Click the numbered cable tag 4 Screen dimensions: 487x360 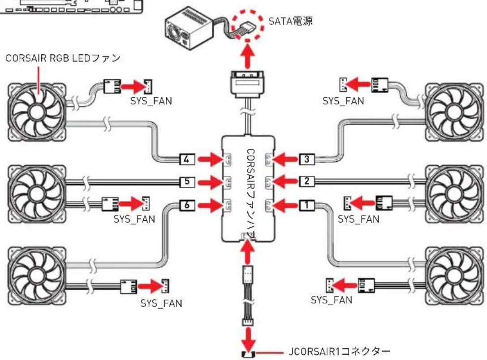(x=188, y=159)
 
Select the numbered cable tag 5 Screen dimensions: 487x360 (x=188, y=181)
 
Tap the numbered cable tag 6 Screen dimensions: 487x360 (x=188, y=205)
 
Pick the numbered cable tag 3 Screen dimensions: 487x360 (x=307, y=159)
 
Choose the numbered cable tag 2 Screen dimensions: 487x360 (x=307, y=181)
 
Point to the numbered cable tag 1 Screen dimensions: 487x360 (x=307, y=205)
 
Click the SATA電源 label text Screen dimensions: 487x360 (x=290, y=21)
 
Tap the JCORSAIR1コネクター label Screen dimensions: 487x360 (x=340, y=351)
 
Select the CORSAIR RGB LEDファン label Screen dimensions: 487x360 (x=63, y=58)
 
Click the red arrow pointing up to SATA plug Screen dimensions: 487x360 (x=248, y=56)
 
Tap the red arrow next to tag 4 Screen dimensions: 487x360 (x=210, y=159)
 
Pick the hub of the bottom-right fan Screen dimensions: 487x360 (x=454, y=276)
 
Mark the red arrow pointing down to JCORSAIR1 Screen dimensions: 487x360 (x=248, y=338)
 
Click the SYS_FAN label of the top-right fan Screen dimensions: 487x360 (x=343, y=101)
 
